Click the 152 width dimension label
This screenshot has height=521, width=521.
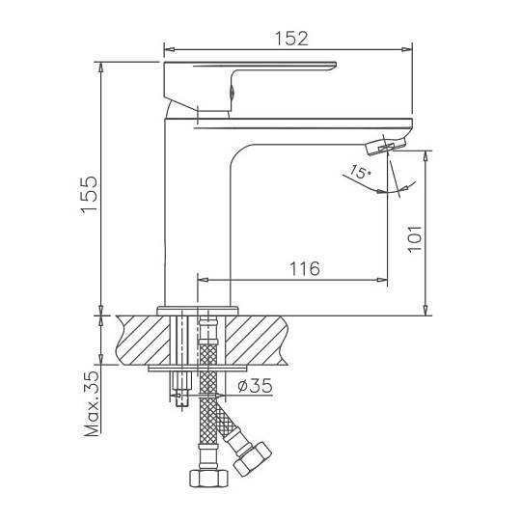[291, 39]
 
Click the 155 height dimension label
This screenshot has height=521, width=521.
[90, 195]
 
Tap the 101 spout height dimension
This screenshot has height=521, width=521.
[415, 239]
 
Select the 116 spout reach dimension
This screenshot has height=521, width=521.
[305, 269]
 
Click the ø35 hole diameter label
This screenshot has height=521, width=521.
[255, 385]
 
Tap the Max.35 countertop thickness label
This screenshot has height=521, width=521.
[92, 403]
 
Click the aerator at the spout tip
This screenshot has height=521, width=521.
[386, 146]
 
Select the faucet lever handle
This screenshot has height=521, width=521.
[250, 86]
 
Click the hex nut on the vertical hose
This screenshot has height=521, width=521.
[209, 479]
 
